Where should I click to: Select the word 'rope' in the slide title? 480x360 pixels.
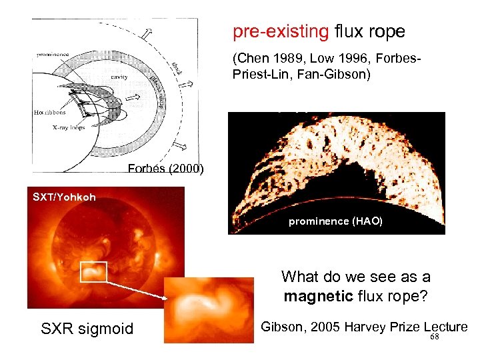click(388, 31)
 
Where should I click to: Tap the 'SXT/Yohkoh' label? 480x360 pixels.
click(64, 197)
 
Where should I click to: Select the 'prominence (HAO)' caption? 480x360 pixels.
click(335, 222)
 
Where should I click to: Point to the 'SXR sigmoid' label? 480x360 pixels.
click(87, 328)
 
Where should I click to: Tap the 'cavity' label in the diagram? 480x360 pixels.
click(119, 77)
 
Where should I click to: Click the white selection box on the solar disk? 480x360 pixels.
click(93, 271)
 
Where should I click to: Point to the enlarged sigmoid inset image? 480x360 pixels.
click(209, 309)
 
